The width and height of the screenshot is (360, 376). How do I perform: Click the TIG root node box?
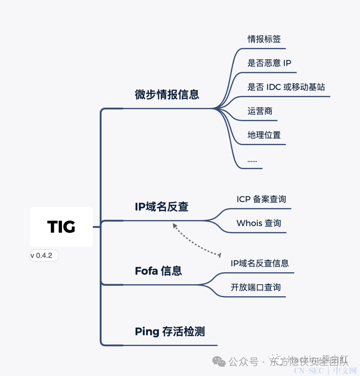(61, 227)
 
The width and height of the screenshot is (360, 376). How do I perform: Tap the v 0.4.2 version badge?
(44, 256)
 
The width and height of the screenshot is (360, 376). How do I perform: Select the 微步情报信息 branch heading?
(167, 95)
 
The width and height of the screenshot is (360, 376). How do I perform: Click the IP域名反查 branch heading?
(162, 207)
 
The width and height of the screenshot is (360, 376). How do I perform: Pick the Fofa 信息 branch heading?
(158, 271)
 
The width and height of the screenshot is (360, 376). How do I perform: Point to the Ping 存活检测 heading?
(170, 332)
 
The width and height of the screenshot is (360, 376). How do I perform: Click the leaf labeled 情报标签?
(264, 39)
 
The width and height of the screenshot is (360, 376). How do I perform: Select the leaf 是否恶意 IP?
(269, 63)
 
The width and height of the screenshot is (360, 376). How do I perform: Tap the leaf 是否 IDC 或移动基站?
(286, 87)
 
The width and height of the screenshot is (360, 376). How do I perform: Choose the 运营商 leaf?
(260, 111)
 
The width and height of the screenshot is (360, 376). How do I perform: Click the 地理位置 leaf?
(264, 135)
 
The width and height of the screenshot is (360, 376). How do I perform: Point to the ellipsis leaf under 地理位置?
(252, 161)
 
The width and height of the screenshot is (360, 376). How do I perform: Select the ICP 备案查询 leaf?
(261, 199)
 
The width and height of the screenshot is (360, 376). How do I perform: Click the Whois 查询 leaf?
(259, 223)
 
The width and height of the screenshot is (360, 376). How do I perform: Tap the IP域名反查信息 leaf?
(260, 263)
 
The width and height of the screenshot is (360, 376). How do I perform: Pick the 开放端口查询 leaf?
(256, 287)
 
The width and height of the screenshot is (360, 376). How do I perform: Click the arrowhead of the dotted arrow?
(174, 226)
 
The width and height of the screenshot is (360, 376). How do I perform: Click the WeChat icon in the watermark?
(219, 361)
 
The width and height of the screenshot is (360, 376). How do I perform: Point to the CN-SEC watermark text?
(309, 371)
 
